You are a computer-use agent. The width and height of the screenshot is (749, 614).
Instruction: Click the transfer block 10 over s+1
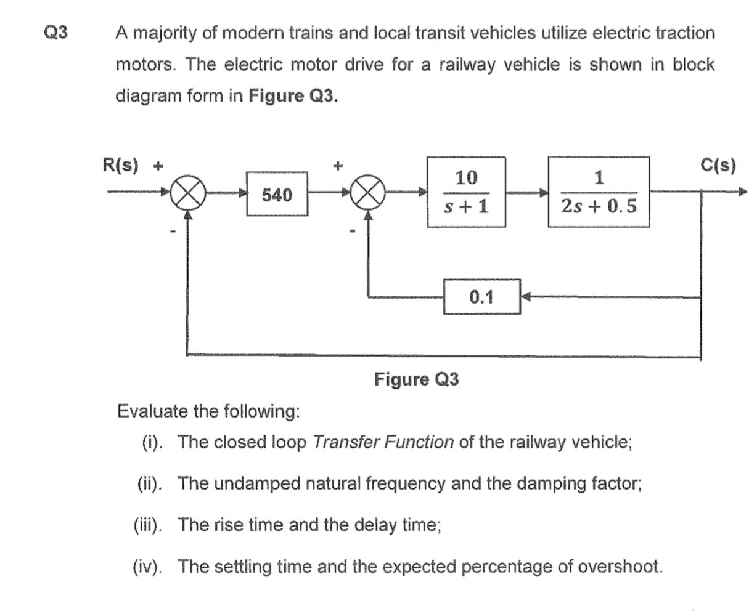click(466, 192)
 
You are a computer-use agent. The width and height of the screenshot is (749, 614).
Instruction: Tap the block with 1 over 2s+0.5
click(598, 192)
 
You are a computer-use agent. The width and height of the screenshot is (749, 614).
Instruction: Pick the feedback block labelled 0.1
click(481, 297)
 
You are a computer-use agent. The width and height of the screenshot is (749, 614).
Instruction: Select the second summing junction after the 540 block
click(368, 194)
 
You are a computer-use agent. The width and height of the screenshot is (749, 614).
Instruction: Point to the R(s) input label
click(120, 165)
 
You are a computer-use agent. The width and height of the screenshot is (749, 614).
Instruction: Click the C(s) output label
click(718, 165)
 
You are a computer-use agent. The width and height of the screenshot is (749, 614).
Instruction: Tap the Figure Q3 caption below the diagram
click(416, 379)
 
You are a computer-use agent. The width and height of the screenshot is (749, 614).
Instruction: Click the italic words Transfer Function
click(383, 443)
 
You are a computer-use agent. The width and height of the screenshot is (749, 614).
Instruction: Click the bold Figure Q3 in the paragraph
click(293, 97)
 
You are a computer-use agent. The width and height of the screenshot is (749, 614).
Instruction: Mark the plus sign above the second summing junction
click(337, 166)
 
